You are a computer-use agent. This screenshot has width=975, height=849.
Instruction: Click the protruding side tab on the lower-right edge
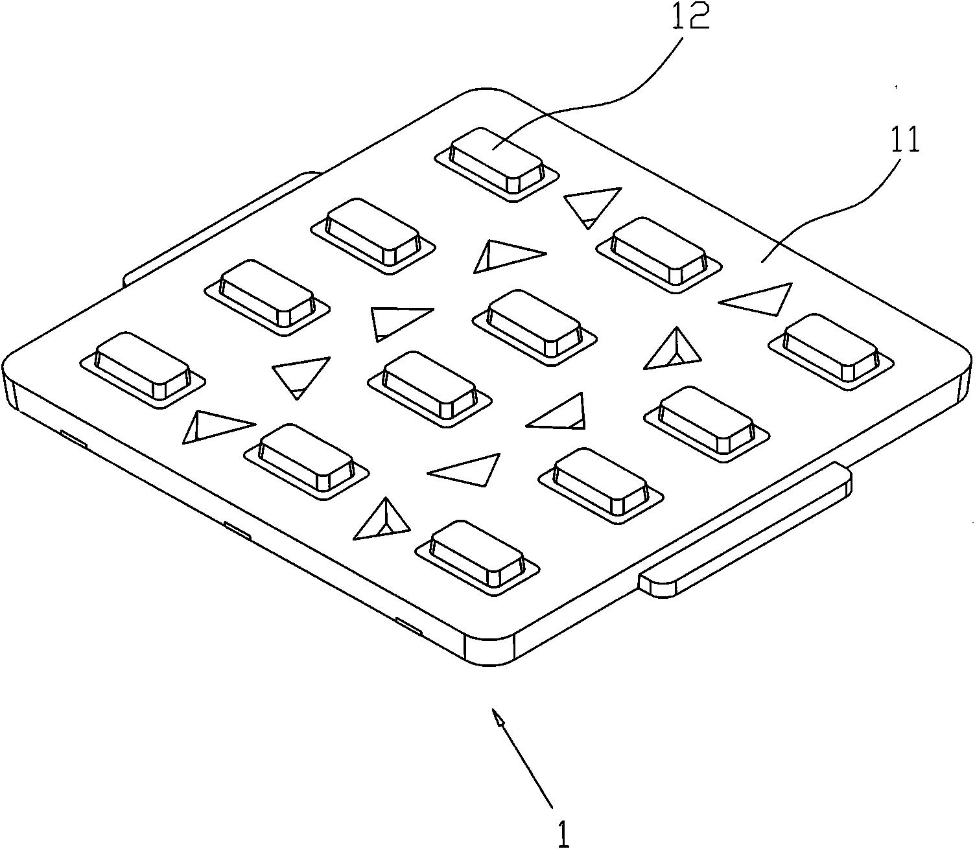[746, 531]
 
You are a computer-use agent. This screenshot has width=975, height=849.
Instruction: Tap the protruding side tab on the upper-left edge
[220, 227]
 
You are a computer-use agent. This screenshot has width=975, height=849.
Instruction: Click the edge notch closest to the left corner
[73, 438]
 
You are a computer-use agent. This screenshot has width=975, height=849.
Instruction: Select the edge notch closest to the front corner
[408, 626]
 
